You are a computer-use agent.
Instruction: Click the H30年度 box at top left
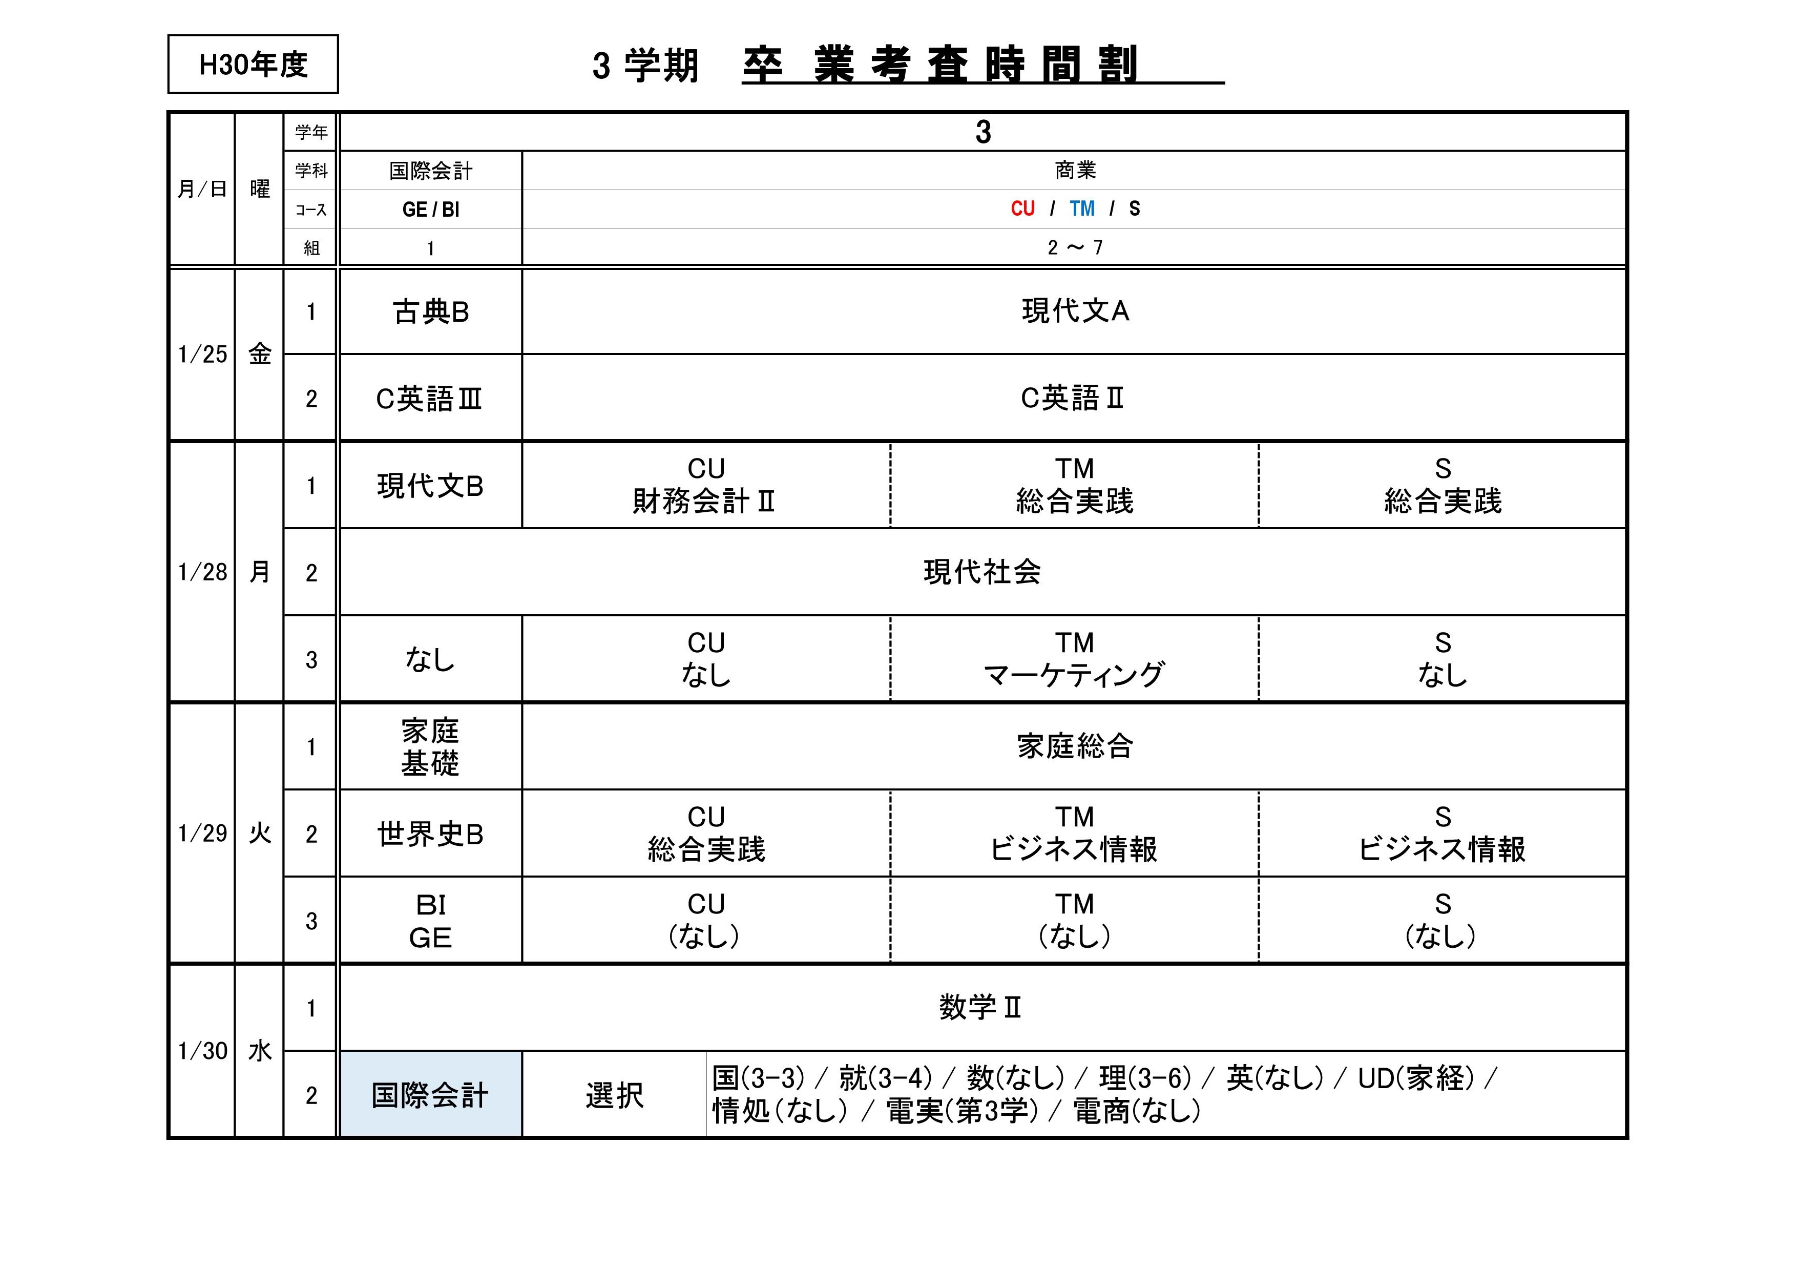(x=253, y=64)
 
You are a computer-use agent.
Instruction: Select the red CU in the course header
(x=1022, y=209)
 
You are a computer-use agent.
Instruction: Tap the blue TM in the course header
(x=1082, y=209)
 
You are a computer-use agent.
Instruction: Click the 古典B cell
(x=430, y=312)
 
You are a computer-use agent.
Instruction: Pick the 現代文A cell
(x=1075, y=311)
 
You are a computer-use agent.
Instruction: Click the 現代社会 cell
(x=982, y=572)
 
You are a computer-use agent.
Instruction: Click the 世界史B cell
(x=430, y=834)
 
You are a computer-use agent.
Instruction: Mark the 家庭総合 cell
(x=1075, y=746)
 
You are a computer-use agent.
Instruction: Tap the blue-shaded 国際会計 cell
(x=430, y=1095)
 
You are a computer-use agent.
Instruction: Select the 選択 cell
(x=614, y=1095)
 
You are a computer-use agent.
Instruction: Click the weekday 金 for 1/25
(x=260, y=355)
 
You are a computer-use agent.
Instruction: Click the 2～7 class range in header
(x=1075, y=248)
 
